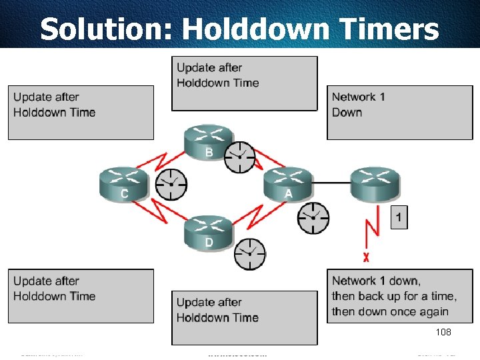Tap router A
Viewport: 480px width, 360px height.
coord(287,184)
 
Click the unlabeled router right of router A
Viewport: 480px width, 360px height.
coord(375,184)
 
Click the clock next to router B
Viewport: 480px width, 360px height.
coord(239,157)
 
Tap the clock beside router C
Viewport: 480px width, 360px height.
coord(171,183)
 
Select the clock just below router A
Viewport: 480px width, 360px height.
coord(313,218)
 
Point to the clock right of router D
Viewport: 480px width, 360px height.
coord(249,254)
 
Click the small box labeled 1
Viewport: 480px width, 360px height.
coord(399,217)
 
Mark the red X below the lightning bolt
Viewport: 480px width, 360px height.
coord(366,257)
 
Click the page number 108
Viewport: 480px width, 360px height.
coord(443,332)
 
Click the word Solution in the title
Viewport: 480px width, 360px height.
coord(106,29)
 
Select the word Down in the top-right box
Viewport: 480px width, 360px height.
coord(347,112)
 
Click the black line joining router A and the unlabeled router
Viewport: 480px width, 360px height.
coord(331,183)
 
